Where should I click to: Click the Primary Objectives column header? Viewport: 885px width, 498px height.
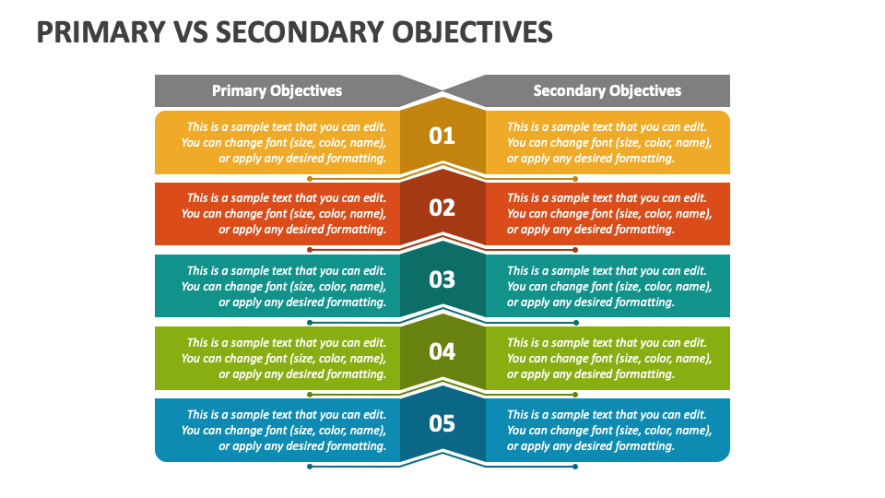[277, 90]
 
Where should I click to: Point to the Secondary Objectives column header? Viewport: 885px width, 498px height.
[607, 90]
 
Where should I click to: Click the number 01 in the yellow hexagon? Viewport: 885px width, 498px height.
[442, 136]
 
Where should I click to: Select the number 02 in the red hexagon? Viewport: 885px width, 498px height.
[442, 207]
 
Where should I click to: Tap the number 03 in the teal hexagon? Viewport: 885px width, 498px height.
[442, 279]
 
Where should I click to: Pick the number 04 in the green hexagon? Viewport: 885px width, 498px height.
[442, 351]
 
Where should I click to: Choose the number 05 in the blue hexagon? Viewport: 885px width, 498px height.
[442, 423]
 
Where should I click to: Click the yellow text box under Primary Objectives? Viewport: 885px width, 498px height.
[277, 142]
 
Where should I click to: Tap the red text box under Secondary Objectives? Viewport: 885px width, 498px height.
[608, 214]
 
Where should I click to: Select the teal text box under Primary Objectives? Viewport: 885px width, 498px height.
[277, 286]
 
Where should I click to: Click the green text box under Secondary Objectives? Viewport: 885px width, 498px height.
[608, 358]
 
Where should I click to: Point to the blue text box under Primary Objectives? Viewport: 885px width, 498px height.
[277, 430]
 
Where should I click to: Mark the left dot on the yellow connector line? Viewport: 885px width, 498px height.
[310, 179]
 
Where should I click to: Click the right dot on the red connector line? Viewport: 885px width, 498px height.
[575, 250]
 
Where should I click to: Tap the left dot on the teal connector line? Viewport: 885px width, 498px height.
[310, 323]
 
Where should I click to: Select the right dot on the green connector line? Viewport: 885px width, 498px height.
[575, 395]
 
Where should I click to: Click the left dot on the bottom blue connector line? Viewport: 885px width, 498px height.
[310, 467]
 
